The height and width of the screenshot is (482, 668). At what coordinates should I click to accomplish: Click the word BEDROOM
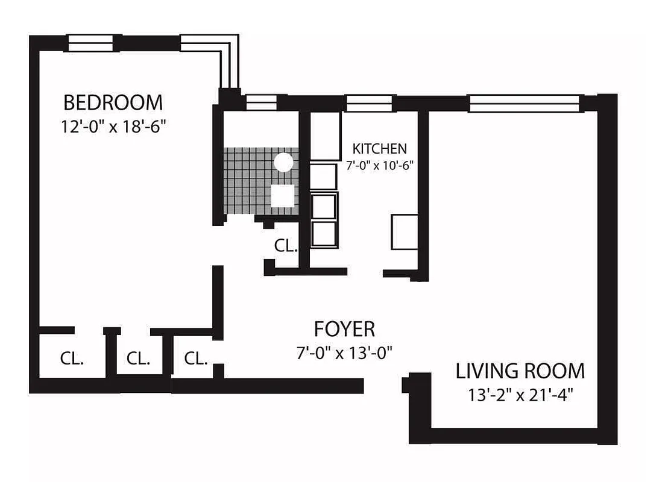pyautogui.click(x=113, y=102)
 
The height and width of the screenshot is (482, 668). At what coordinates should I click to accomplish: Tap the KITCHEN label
pyautogui.click(x=379, y=148)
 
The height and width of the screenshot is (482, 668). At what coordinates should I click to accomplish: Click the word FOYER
pyautogui.click(x=344, y=329)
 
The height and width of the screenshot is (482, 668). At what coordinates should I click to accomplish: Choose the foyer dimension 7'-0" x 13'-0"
pyautogui.click(x=344, y=352)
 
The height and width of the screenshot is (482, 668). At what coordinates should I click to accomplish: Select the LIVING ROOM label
pyautogui.click(x=520, y=371)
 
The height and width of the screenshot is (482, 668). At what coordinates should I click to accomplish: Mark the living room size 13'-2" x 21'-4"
pyautogui.click(x=520, y=395)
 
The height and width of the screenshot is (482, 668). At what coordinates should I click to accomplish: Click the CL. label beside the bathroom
pyautogui.click(x=285, y=245)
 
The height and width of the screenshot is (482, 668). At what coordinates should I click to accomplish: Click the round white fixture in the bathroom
pyautogui.click(x=283, y=162)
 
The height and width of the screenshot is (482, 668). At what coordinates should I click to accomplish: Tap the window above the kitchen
pyautogui.click(x=370, y=103)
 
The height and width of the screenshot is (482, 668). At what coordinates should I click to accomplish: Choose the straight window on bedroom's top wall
pyautogui.click(x=90, y=43)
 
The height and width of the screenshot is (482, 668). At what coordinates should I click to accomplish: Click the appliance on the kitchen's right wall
pyautogui.click(x=404, y=231)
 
